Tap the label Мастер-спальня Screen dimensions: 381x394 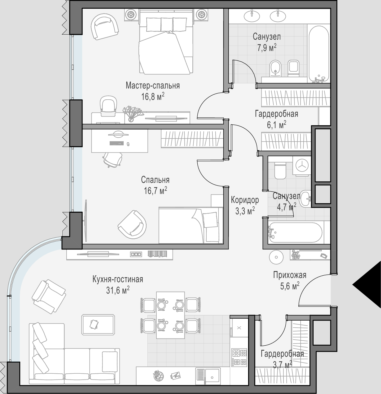pos(153,86)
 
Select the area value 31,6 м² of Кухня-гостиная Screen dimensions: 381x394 pos(118,290)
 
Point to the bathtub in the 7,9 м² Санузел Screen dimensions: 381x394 pos(319,54)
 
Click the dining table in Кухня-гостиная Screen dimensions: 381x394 pos(170,315)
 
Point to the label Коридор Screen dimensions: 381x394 pos(245,200)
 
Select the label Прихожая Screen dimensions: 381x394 pos(290,275)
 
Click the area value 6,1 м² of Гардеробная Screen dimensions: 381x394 pos(277,125)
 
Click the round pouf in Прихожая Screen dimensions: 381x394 pos(276,257)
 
